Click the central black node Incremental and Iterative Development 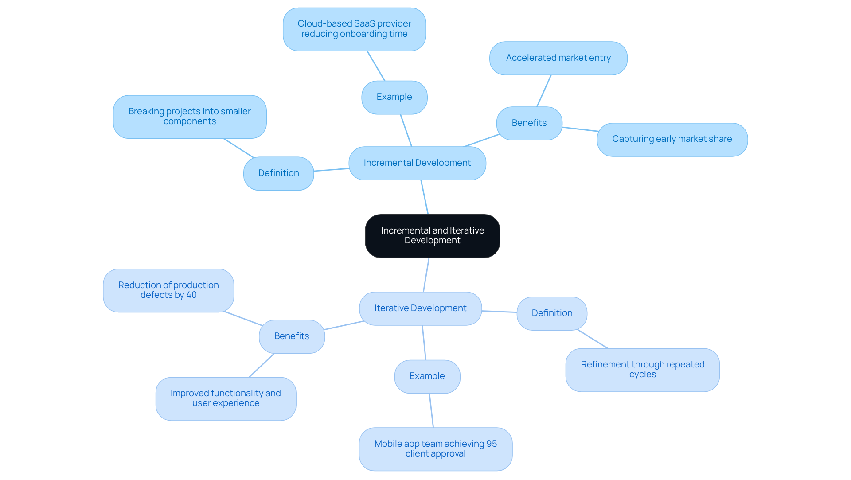(x=432, y=236)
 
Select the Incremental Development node (x=417, y=163)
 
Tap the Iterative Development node (x=420, y=308)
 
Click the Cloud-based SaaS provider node (x=354, y=29)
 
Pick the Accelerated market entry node (x=558, y=58)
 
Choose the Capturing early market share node (x=672, y=139)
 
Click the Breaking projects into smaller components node (x=190, y=117)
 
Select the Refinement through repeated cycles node (x=642, y=370)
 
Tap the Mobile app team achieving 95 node (x=435, y=449)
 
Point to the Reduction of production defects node (x=168, y=290)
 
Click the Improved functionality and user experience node (x=226, y=398)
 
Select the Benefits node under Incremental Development (x=529, y=123)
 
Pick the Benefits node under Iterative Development (x=292, y=336)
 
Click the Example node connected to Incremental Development (x=394, y=97)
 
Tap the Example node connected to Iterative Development (x=427, y=376)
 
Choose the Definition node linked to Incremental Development (x=278, y=173)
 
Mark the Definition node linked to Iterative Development (x=552, y=313)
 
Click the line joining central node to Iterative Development (x=426, y=275)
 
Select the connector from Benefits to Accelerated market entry (x=544, y=91)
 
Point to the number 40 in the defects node (x=191, y=295)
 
